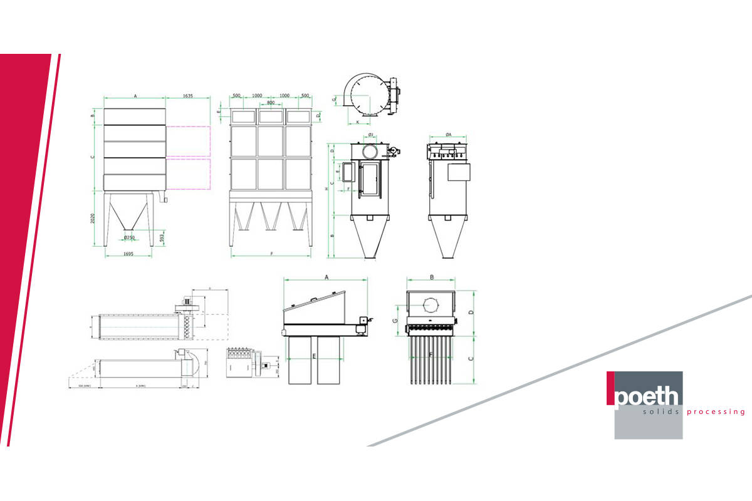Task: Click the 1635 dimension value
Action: (187, 96)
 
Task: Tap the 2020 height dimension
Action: (93, 219)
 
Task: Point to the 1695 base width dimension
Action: (128, 254)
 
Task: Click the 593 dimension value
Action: (162, 239)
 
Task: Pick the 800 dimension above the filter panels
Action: (271, 102)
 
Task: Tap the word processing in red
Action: (716, 412)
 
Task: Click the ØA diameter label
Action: (449, 135)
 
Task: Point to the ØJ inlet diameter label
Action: (371, 135)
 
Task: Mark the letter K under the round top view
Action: (357, 121)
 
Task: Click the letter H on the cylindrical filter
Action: (326, 189)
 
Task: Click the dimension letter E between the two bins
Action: (313, 355)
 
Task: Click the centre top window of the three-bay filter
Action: (271, 116)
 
